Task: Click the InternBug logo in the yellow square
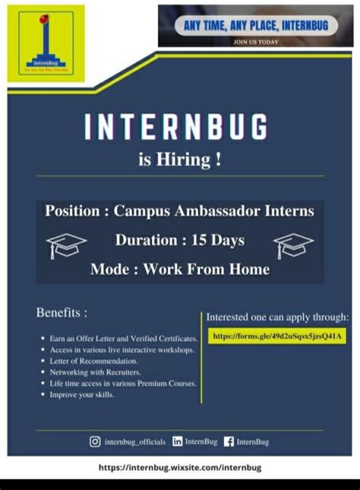tap(46, 43)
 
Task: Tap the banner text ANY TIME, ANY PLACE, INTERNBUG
tap(256, 26)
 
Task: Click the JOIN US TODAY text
tap(256, 41)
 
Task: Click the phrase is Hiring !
tap(180, 161)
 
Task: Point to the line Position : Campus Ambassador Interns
tap(179, 210)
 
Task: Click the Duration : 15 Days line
tap(179, 240)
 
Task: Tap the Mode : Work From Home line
tap(179, 269)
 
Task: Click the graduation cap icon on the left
tap(66, 245)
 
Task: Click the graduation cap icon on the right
tap(293, 245)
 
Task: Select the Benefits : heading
tap(62, 312)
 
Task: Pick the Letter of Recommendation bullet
tap(93, 362)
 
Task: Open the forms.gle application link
tap(277, 335)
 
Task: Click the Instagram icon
tap(95, 441)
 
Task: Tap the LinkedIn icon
tap(178, 441)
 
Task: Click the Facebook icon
tap(229, 441)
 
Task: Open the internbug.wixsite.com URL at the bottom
tap(180, 468)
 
